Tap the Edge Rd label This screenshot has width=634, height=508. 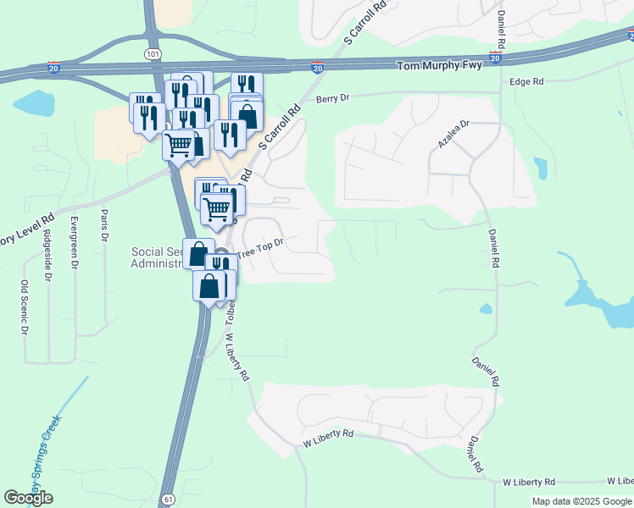526,81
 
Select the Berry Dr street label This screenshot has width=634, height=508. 332,99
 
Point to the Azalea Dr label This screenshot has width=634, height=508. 453,135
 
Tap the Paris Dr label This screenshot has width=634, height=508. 105,225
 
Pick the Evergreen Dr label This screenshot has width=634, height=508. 75,241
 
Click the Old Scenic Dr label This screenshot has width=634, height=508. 24,307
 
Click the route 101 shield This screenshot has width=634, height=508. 153,52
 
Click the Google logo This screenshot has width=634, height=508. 28,498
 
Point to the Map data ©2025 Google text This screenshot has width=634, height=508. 581,501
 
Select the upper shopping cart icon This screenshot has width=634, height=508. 179,146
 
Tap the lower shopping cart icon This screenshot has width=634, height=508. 217,207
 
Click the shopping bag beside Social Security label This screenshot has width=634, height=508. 197,253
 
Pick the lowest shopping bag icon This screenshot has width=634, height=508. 209,286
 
